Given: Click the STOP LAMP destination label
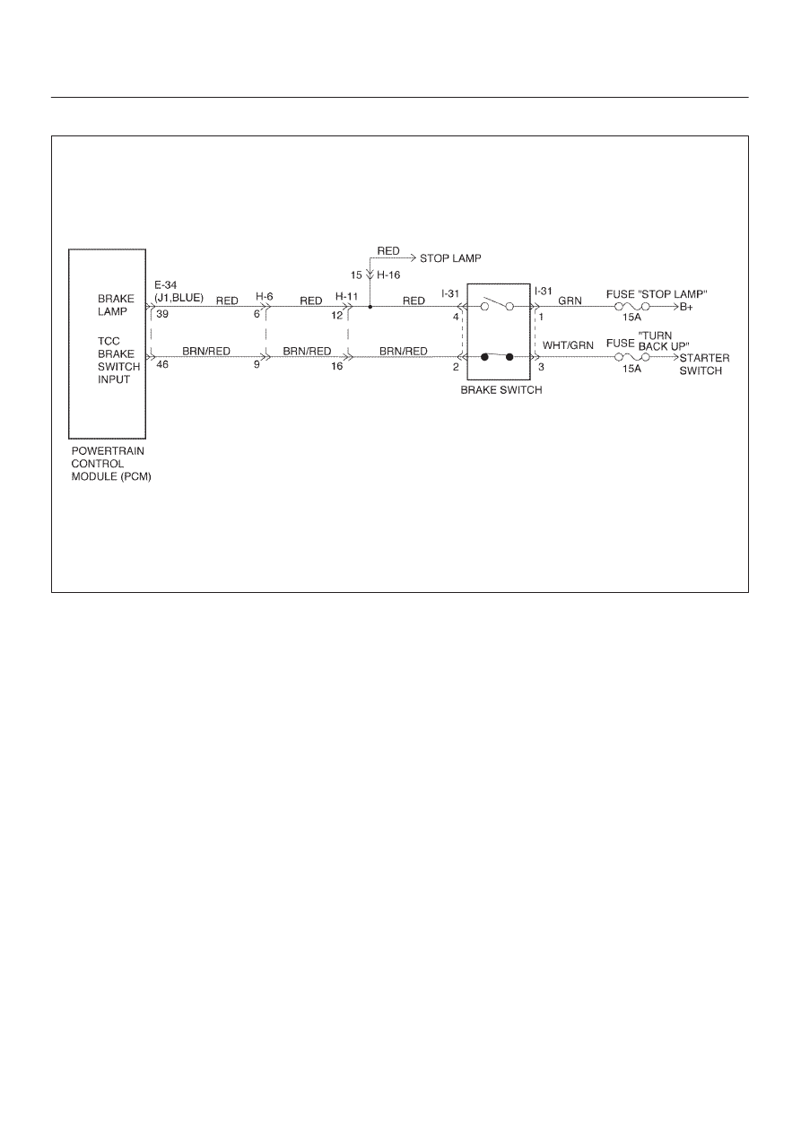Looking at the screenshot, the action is click(450, 258).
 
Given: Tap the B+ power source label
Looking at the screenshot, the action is click(686, 307).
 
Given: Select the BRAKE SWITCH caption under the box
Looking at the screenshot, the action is click(501, 390).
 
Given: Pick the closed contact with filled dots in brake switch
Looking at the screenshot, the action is click(497, 357).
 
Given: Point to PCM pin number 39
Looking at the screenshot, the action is click(162, 314).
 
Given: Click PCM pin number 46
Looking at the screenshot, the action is click(162, 364).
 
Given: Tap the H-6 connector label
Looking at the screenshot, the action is click(265, 296).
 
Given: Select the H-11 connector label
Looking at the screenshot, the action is click(347, 296).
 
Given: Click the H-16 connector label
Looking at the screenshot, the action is click(388, 275).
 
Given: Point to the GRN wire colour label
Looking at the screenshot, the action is click(570, 301).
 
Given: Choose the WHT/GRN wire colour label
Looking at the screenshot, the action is click(568, 345).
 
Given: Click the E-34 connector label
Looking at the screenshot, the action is click(166, 285).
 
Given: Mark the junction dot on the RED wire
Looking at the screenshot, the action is click(370, 307).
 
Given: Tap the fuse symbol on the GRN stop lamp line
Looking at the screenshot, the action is click(632, 307).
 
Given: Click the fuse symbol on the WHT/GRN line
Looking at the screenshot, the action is click(632, 357).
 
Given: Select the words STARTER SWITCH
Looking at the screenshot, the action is click(704, 364).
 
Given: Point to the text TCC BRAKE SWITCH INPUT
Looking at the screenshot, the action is click(118, 360).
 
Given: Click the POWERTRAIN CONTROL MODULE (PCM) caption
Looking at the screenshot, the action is click(111, 464).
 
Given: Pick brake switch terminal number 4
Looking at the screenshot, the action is click(456, 318).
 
